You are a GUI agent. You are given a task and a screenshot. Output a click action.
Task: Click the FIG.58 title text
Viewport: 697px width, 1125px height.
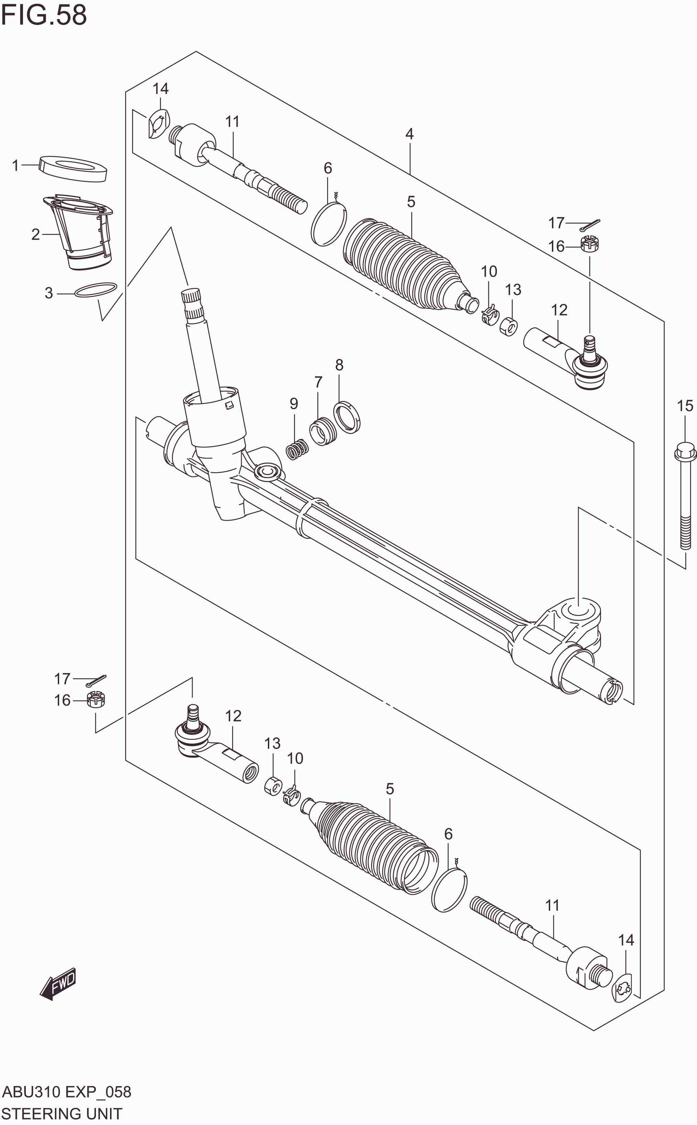pos(44,15)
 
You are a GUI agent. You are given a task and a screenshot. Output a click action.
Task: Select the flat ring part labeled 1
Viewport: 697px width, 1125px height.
pos(73,169)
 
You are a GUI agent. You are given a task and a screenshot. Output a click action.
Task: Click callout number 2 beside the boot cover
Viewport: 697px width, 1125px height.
pos(35,235)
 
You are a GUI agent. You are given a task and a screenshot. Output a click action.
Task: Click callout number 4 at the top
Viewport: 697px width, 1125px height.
pos(409,134)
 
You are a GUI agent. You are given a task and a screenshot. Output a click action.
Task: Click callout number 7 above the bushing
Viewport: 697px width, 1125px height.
pos(318,382)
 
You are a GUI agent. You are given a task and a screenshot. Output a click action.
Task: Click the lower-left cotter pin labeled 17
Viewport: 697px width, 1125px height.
pos(96,681)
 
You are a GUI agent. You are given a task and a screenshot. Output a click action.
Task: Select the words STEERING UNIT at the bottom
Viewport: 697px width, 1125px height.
pos(62,1113)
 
